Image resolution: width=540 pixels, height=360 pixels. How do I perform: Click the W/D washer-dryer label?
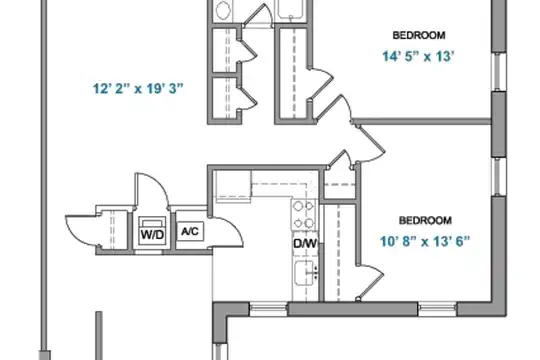pos(152,235)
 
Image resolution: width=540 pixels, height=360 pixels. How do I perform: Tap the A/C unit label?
pos(190,231)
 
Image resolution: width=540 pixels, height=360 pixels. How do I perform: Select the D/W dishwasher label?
pos(305,244)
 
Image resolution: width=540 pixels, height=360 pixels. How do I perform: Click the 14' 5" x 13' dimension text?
pos(418,56)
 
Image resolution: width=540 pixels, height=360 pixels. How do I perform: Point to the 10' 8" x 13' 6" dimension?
pos(425,241)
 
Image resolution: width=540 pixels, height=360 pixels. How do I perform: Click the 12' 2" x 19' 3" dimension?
pos(138,89)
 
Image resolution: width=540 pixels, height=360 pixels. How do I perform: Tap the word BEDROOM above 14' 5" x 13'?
pos(419,35)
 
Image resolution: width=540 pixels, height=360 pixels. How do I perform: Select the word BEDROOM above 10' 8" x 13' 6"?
pos(425,220)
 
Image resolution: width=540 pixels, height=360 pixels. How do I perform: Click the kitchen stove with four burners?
pos(304,215)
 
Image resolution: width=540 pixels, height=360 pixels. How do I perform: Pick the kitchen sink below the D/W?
pos(305,273)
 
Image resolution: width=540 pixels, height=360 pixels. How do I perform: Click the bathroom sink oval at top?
pos(223,10)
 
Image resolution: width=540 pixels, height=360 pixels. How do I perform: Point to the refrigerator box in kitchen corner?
pos(233,186)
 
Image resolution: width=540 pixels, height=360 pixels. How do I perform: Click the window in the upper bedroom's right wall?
pos(498,72)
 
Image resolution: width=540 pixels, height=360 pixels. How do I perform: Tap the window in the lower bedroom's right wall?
pos(498,177)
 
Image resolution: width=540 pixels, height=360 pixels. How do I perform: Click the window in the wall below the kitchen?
pos(268,309)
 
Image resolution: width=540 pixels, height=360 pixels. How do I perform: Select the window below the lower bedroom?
pos(437,309)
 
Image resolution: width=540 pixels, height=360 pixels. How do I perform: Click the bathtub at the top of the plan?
pos(292,10)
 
